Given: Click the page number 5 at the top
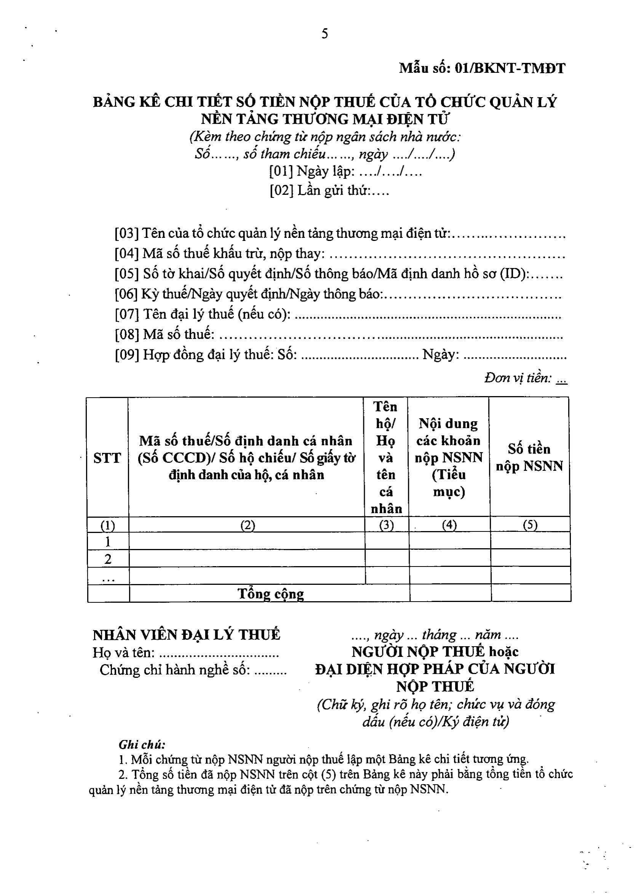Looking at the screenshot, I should (x=324, y=34).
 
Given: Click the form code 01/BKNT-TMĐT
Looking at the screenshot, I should (x=510, y=69).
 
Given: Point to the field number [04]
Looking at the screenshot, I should (x=126, y=254).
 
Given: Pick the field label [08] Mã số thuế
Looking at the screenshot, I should (x=165, y=335).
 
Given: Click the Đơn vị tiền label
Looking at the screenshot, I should (x=518, y=378).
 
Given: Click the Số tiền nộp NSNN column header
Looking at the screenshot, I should (x=529, y=458).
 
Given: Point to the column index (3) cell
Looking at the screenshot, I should (x=387, y=525).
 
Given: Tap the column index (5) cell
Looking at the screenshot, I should (x=530, y=525).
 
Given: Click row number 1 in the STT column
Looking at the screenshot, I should (x=108, y=542).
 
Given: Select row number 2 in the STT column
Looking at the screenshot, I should (x=108, y=559).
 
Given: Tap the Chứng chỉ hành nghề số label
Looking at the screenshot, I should (x=175, y=670).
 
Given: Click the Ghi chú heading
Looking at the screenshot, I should (x=142, y=745).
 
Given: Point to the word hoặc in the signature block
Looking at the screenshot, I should (x=503, y=652).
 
